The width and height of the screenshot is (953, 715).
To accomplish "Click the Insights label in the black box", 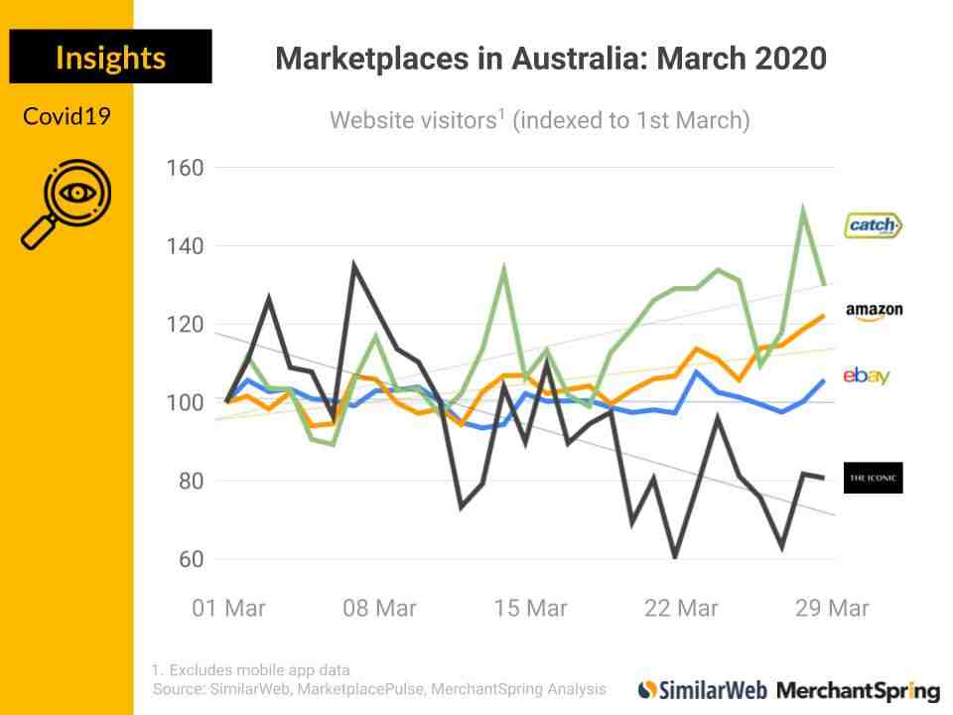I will pos(110,57).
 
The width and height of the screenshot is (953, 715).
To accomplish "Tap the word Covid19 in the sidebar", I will pos(67,116).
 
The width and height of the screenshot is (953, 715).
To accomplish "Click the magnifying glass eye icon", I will pos(67,204).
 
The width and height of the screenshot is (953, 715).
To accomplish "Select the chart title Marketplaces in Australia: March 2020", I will pos(550,59).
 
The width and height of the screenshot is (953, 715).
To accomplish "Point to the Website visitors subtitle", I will pos(539,121).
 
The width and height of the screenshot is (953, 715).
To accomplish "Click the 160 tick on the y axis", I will pos(184,168).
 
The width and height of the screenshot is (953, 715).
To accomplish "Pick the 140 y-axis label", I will pos(184,245).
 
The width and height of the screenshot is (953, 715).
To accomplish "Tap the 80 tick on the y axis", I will pos(190,481).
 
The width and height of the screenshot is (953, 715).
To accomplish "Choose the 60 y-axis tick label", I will pos(190,559).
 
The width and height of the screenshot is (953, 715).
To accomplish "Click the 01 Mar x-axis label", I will pos(228,608).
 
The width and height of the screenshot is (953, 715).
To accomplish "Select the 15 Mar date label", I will pos(530,608).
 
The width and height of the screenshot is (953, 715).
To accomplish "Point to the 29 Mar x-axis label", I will pos(832,608).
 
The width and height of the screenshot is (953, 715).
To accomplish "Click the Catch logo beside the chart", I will pos(873,225).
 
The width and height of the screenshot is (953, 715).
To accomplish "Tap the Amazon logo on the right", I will pos(874,312).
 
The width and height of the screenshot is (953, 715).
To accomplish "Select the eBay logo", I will pos(866,375).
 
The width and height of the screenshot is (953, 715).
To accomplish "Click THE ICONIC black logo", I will pos(873,478).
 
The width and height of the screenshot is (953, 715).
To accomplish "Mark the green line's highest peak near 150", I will pos(802,210).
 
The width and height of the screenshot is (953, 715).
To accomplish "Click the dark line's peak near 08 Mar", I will pos(354,265).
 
